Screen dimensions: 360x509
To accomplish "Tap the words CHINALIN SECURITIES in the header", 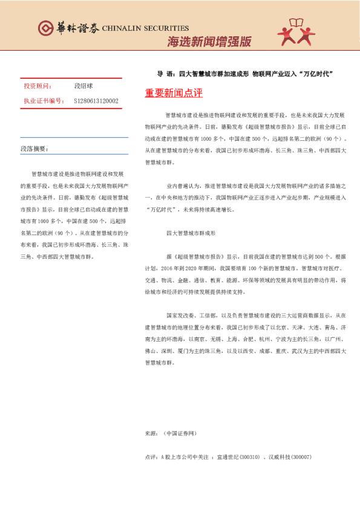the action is (x=145, y=28).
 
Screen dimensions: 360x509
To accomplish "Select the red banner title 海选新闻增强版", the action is (x=209, y=42).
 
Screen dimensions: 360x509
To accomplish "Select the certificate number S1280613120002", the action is (x=96, y=101).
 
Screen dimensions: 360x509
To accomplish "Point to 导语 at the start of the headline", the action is (x=163, y=74).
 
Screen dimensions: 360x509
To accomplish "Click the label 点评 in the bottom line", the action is (x=151, y=456).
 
